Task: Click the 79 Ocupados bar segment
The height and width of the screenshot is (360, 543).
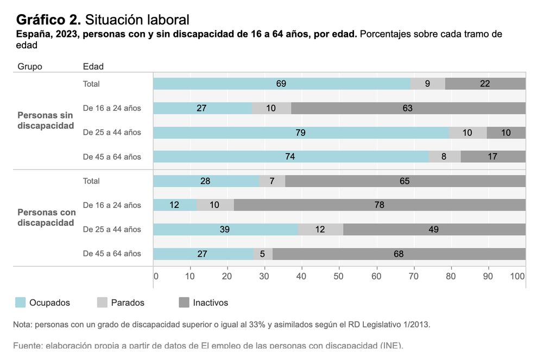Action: [301, 132]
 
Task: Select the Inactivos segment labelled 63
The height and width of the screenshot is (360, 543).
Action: [408, 108]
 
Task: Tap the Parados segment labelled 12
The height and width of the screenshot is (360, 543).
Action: [320, 229]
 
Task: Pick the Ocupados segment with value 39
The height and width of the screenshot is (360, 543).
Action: [225, 229]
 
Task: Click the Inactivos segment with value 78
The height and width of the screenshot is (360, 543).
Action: [380, 205]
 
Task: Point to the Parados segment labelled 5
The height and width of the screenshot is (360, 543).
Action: [263, 254]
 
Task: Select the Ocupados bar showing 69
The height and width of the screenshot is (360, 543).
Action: [281, 84]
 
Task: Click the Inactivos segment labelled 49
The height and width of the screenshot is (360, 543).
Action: [434, 229]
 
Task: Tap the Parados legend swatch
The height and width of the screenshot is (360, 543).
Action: [102, 302]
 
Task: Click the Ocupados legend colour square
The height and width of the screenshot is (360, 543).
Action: [20, 302]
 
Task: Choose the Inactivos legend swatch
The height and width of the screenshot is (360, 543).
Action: [184, 302]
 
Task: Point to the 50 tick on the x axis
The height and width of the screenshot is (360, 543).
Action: [339, 276]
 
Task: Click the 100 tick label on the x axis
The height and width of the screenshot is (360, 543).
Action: [517, 276]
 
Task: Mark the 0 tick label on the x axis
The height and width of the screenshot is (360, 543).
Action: [156, 276]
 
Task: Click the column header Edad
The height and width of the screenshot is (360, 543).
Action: [93, 67]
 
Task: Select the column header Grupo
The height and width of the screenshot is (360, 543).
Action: [30, 67]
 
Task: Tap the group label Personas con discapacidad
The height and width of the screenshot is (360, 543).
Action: [46, 217]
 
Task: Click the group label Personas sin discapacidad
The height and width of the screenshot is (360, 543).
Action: [45, 121]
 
